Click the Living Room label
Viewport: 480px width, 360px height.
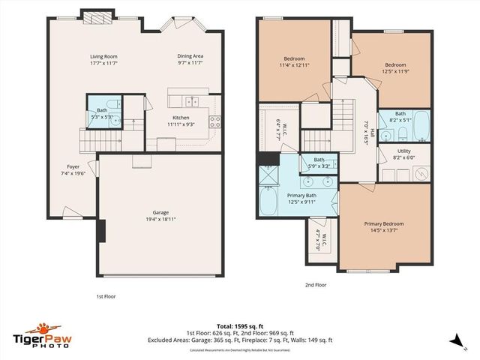coord(103,56)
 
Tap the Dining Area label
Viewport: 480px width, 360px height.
coord(190,56)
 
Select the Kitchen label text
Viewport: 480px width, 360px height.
coord(181,118)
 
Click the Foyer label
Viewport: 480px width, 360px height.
coord(73,167)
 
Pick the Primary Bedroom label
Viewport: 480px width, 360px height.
coord(384,224)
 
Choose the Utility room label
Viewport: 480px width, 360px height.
coord(403,151)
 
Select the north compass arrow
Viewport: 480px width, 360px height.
coord(455,340)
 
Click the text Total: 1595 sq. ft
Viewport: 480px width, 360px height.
coord(240,327)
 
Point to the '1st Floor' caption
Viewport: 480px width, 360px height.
coord(106,296)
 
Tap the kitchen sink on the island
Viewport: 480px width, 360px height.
coord(192,101)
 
